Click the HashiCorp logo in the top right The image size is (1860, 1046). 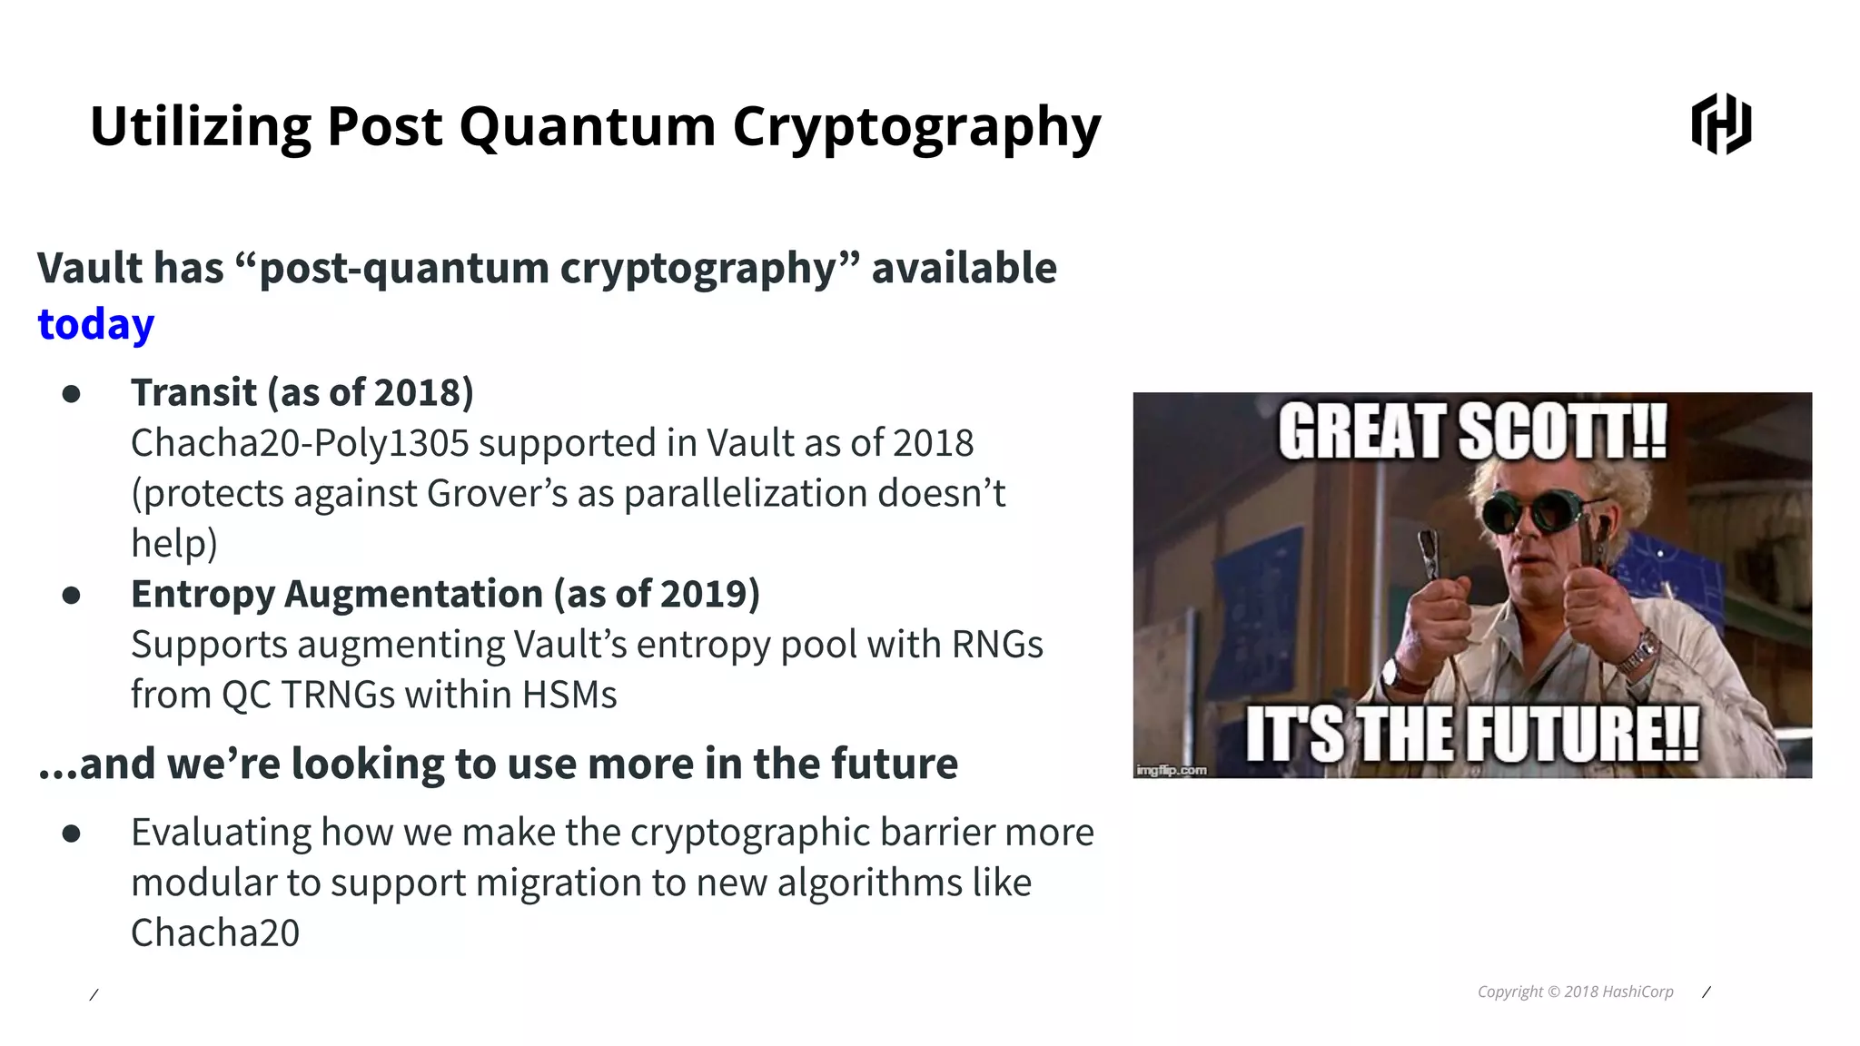coord(1721,123)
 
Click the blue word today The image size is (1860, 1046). coord(95,324)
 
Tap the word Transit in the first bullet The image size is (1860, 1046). coord(193,392)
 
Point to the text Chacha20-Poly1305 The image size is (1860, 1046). coord(299,443)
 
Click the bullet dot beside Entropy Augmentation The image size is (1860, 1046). coord(72,596)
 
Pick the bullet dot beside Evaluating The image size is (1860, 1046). coord(72,834)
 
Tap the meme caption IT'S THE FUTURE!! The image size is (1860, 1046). coord(1471,734)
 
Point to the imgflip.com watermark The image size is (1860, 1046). coord(1171,770)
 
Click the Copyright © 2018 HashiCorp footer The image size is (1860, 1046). coord(1575,992)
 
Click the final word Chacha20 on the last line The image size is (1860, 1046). coord(215,933)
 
